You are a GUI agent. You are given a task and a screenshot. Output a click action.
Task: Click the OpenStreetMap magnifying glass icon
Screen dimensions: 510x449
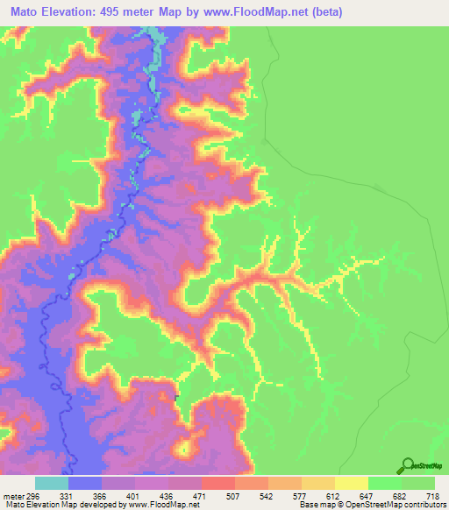[407, 465]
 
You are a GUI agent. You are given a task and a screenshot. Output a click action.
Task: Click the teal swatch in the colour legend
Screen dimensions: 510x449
[52, 483]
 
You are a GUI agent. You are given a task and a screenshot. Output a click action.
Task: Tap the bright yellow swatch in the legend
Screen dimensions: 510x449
[352, 483]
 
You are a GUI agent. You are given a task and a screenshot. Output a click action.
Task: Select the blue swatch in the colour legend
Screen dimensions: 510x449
[85, 483]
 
